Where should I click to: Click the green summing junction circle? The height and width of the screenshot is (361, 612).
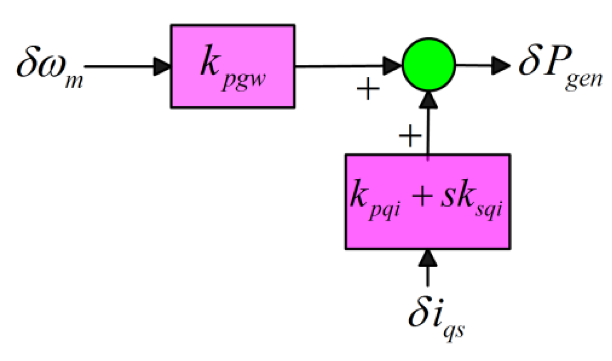pos(428,66)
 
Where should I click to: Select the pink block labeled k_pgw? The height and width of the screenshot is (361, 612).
pos(233,66)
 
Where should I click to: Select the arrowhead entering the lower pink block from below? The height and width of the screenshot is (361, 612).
pos(428,257)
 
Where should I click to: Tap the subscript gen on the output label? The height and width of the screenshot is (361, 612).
pos(584,82)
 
